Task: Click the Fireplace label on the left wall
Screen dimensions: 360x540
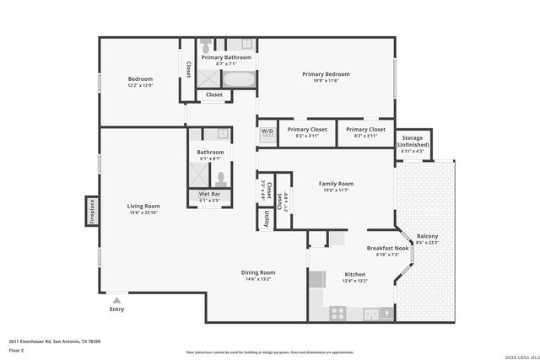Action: (x=91, y=212)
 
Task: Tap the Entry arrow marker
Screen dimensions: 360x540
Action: (x=116, y=299)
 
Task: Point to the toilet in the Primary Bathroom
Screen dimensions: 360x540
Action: (x=207, y=46)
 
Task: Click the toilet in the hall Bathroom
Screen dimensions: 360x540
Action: (x=221, y=179)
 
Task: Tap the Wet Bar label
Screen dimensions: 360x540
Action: (x=210, y=195)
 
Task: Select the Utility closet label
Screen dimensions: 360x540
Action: (x=267, y=218)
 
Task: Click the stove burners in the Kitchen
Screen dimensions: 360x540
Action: (x=337, y=313)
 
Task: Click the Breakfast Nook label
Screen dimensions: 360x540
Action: (x=387, y=248)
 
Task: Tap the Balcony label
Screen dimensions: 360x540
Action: (x=427, y=236)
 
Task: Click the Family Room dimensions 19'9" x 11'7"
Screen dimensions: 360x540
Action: (x=335, y=191)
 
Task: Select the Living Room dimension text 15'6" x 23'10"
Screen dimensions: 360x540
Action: (x=143, y=212)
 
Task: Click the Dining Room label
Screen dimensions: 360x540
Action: (x=258, y=272)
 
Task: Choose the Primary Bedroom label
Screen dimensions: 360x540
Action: (x=326, y=74)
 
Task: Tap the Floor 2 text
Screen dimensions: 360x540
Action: (x=16, y=350)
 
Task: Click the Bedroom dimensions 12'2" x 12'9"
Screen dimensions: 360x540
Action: (x=140, y=85)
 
